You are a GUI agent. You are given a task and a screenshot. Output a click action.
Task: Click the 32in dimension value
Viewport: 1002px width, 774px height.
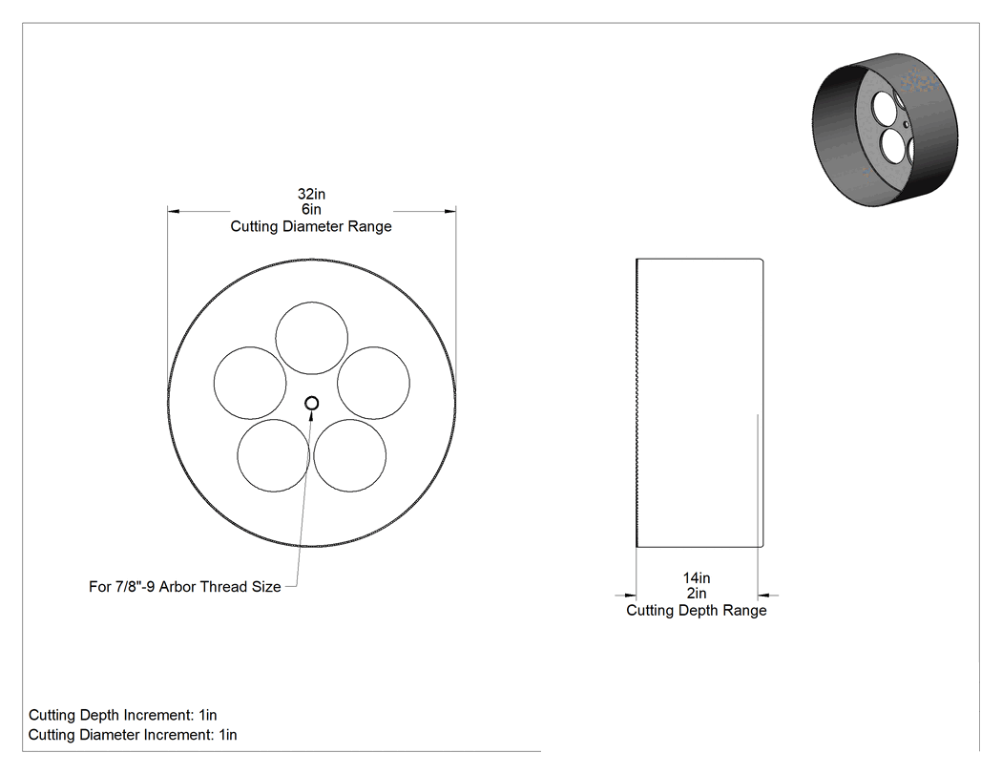pos(311,194)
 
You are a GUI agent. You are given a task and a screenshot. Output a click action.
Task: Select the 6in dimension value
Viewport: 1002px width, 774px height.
pos(311,210)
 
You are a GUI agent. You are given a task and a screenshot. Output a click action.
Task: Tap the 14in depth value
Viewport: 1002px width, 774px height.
pos(697,577)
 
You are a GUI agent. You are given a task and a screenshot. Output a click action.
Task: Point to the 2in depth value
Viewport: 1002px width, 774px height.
pos(697,594)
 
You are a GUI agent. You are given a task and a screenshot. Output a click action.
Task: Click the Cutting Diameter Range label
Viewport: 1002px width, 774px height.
pos(311,226)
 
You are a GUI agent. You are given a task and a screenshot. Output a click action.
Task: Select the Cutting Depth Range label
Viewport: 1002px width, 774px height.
pos(697,611)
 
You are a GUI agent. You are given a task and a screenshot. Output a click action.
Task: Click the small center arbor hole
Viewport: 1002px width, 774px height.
pos(312,404)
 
